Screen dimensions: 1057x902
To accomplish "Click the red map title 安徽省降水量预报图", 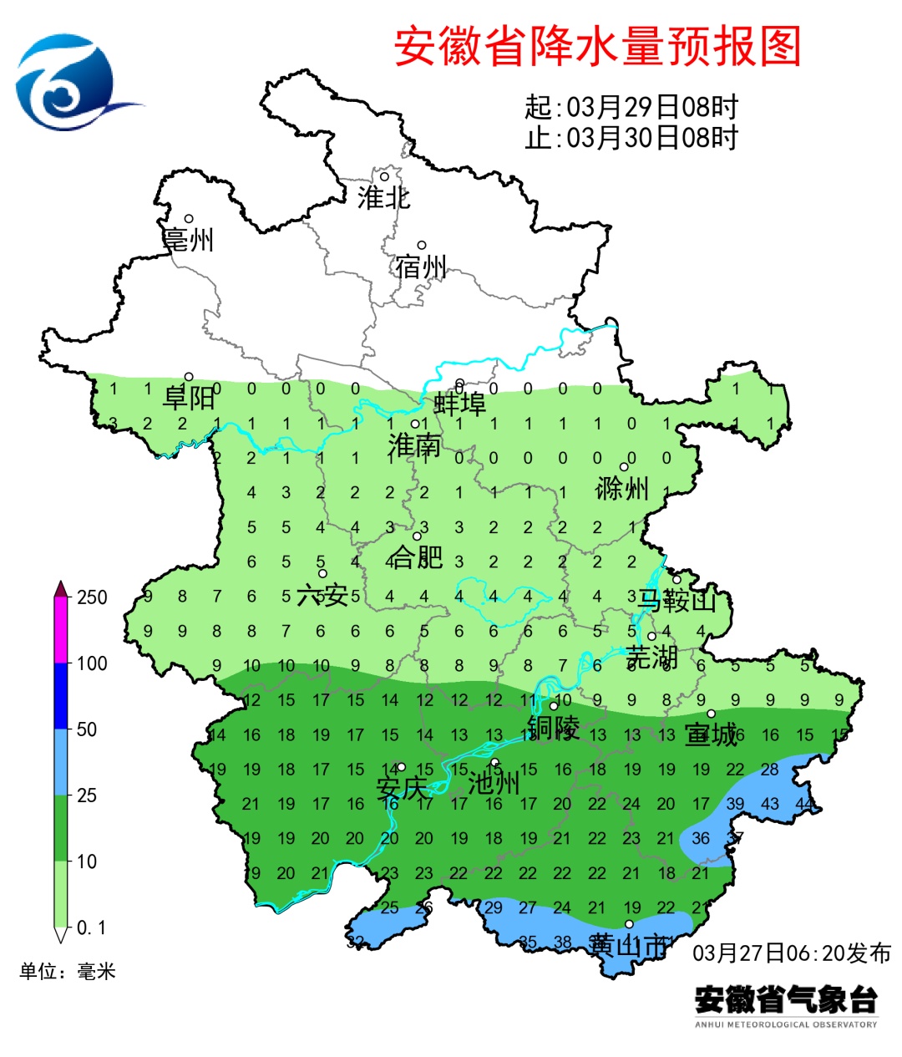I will (x=597, y=46).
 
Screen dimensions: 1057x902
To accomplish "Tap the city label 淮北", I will (x=383, y=198).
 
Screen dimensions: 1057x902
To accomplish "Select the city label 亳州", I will (x=189, y=240).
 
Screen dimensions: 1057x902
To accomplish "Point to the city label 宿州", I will (x=421, y=267).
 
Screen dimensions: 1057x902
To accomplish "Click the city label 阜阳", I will (x=189, y=398).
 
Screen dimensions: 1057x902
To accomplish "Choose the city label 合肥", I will (x=417, y=556).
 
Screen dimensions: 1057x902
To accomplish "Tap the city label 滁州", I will (x=622, y=488).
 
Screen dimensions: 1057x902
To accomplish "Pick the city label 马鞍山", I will (x=676, y=600).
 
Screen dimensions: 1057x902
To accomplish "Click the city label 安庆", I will (x=401, y=788).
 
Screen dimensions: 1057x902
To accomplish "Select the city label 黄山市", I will (x=628, y=946).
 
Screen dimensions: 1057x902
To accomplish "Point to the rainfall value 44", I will (x=805, y=804).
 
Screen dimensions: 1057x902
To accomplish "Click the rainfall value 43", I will (x=770, y=804).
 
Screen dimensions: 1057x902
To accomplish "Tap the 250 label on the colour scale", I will (x=92, y=597).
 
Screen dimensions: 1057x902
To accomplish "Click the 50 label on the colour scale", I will (x=87, y=729).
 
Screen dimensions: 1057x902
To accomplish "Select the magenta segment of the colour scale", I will (x=61, y=631).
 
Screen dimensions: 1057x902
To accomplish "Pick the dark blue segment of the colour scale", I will (x=61, y=696).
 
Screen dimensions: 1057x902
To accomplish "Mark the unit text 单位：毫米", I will (x=68, y=972).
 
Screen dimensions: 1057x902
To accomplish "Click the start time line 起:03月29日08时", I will (x=631, y=108).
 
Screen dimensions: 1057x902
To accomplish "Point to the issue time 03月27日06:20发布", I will (x=792, y=953).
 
